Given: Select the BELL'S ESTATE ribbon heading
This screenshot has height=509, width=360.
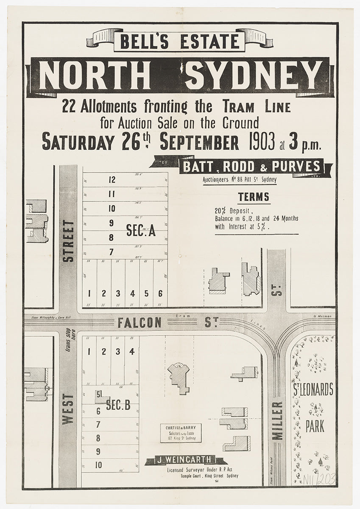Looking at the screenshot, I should pos(179,42).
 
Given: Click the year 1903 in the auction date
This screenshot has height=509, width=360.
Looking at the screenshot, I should pos(260,143).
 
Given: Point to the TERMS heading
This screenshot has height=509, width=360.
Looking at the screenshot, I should pos(253,197).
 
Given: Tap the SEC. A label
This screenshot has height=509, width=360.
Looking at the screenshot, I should pos(141,230).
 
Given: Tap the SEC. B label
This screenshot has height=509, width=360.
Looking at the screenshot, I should pos(118,406).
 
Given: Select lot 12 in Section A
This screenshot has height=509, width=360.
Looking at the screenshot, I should pos(112,180).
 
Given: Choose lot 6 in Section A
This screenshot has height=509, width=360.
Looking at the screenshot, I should pos(160,293).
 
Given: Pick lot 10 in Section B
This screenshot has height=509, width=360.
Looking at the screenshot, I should pos(98,465).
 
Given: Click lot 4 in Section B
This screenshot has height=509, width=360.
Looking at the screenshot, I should pos(132,351).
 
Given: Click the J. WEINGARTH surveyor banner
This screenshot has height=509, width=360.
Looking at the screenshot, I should pos(185,460).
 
